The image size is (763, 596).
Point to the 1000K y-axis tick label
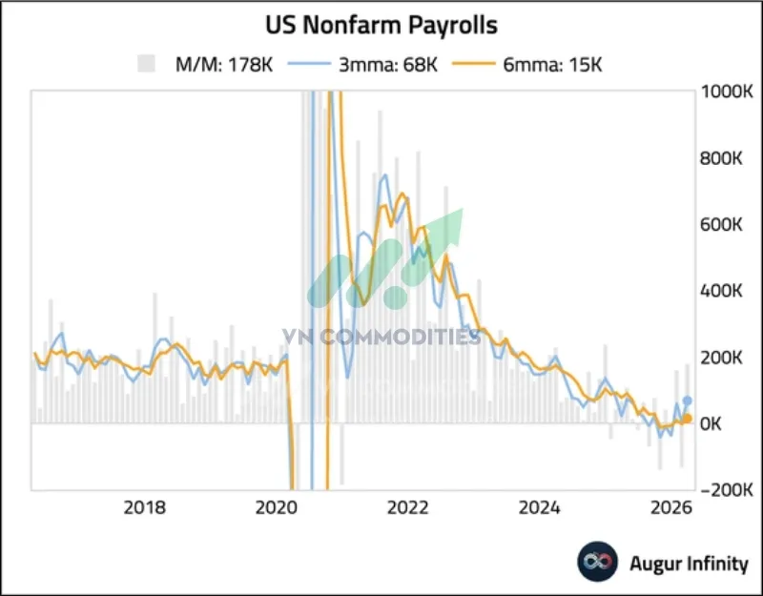(x=727, y=92)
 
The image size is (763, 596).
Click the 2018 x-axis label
(x=145, y=506)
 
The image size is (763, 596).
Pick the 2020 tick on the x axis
(x=278, y=506)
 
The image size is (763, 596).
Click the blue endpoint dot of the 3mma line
(x=688, y=401)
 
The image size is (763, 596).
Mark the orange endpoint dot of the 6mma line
(x=688, y=419)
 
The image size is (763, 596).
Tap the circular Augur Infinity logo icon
(x=598, y=563)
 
